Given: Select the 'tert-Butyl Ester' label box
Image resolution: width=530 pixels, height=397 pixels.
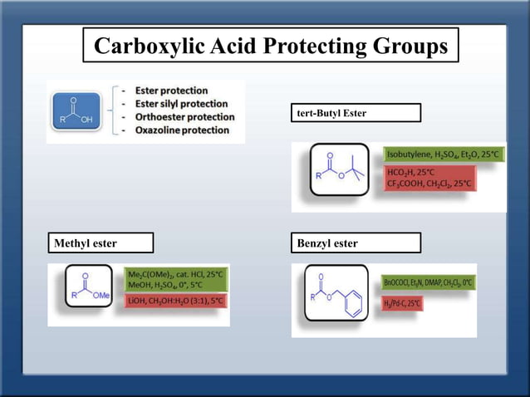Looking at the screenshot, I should point(356,112).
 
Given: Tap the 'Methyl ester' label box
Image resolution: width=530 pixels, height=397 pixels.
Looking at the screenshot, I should point(101,243).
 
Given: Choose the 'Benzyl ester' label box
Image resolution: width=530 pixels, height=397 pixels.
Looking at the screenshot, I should point(356,243).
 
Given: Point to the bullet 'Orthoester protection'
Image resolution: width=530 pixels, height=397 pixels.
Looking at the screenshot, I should point(177,116).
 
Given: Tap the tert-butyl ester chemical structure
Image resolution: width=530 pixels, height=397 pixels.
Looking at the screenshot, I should point(339,169).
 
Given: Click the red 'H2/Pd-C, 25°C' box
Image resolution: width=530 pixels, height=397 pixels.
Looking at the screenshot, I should point(402,304).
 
